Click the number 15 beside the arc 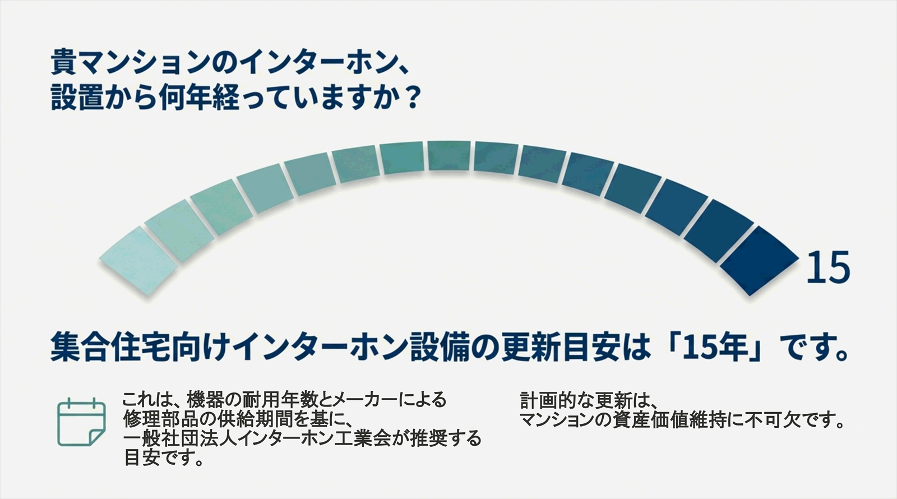click(x=828, y=267)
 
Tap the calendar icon click(x=81, y=422)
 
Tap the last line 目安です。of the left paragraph click(x=163, y=458)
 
